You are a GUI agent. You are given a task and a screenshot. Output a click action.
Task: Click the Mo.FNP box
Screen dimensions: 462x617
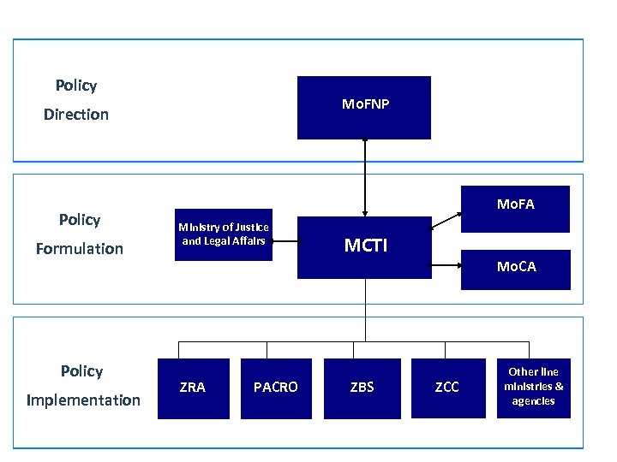tap(365, 107)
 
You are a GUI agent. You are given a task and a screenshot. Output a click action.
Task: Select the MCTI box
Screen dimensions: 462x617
tap(365, 246)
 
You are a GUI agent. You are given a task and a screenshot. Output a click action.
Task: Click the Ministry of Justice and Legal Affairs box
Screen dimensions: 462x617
tap(224, 234)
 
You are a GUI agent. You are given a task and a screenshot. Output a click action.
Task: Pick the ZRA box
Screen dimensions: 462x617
tap(193, 388)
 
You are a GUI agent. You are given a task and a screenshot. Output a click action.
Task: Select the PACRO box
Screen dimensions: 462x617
tap(276, 388)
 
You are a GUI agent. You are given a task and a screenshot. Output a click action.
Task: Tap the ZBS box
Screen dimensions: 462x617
tap(362, 388)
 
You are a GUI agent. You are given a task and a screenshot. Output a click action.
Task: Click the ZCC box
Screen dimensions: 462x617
tap(446, 388)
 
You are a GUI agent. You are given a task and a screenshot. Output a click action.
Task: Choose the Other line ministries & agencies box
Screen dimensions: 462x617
tap(533, 388)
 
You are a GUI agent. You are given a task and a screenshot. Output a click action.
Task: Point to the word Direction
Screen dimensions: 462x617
tap(76, 115)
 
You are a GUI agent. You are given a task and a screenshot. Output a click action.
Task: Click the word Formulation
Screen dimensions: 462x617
tap(79, 249)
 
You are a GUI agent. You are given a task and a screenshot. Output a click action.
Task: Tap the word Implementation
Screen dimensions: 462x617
tap(83, 400)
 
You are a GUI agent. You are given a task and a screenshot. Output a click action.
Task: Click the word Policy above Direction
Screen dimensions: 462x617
tap(76, 86)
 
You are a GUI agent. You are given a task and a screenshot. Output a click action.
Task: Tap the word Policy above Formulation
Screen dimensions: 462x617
tap(80, 220)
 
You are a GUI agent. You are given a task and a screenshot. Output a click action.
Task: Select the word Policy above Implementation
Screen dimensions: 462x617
tap(81, 371)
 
